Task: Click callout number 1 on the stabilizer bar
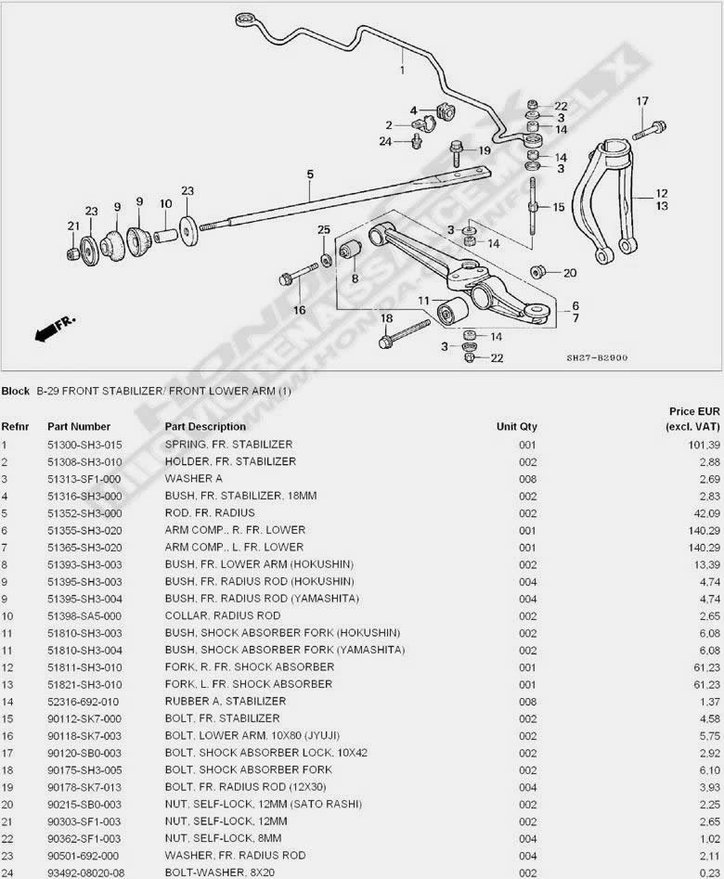tap(403, 69)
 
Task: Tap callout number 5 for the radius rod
tap(310, 174)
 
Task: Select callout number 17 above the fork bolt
tap(642, 100)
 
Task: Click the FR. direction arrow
tap(54, 329)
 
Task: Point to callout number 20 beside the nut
tap(570, 273)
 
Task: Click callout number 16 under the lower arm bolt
tap(300, 309)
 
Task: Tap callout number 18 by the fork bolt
tap(386, 319)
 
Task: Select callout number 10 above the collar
tap(165, 204)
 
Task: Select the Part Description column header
tap(205, 427)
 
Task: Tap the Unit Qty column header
tap(516, 427)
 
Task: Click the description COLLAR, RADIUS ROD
tap(223, 615)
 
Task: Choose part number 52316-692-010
tap(84, 701)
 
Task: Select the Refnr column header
tap(15, 427)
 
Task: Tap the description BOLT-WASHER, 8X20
tap(222, 873)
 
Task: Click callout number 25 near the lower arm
tap(324, 229)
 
